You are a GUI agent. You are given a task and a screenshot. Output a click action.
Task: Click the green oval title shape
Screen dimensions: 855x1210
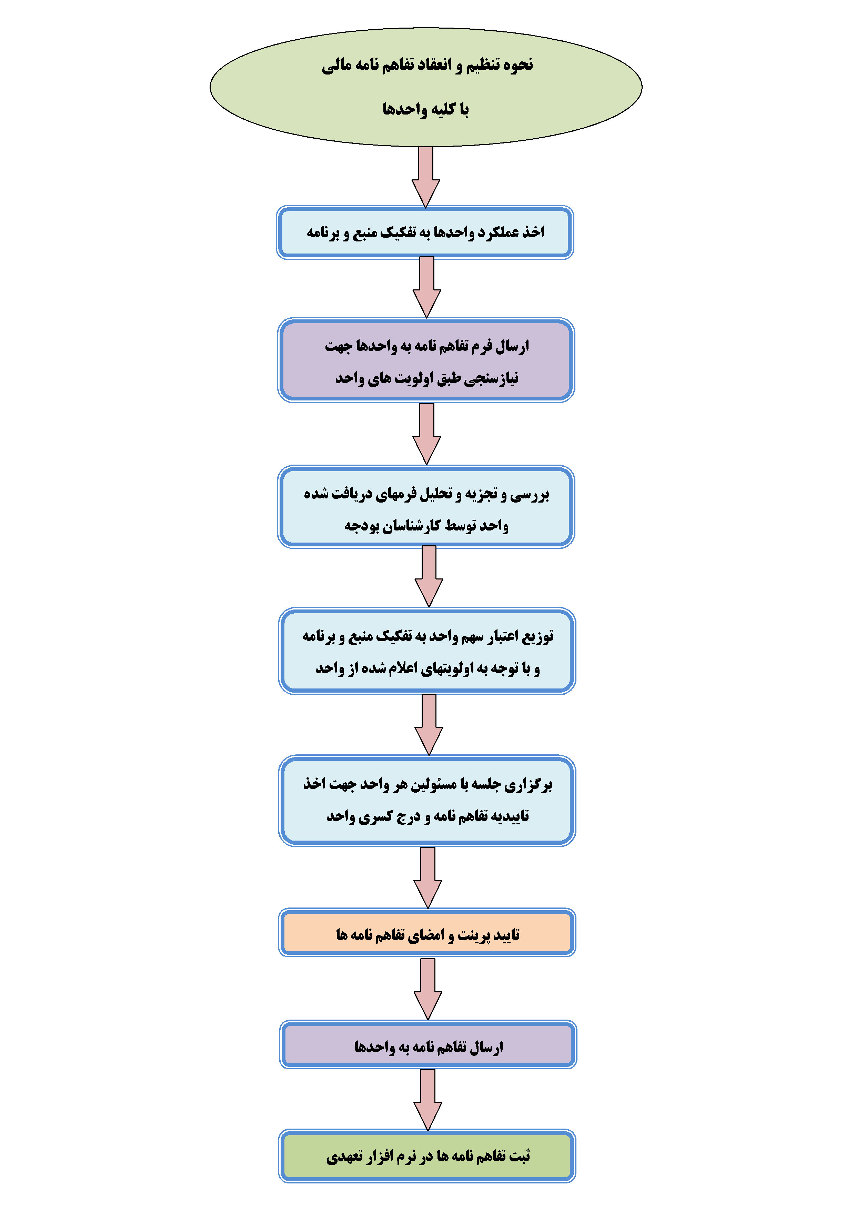[426, 87]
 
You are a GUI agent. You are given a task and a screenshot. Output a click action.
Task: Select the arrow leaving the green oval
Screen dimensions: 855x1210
[426, 177]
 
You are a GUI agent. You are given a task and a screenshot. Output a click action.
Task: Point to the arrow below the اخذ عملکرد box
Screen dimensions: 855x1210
[427, 287]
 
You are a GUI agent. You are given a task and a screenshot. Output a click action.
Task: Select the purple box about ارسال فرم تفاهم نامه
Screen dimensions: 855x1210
[426, 360]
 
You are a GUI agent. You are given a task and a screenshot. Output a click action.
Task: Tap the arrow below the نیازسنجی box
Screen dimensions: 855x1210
[427, 434]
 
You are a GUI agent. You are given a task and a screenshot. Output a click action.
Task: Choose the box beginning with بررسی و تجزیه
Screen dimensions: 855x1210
[426, 507]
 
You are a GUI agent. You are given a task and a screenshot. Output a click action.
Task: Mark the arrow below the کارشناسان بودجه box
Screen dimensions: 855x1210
[429, 576]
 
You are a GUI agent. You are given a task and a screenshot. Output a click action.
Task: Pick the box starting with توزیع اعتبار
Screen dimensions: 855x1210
[427, 651]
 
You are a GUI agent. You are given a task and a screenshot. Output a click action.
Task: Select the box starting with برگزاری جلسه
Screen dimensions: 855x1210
[427, 801]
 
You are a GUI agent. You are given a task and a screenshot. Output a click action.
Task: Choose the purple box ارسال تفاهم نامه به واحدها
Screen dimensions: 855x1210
[428, 1045]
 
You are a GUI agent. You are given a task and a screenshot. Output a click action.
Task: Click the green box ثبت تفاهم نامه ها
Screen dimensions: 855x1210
[427, 1156]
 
